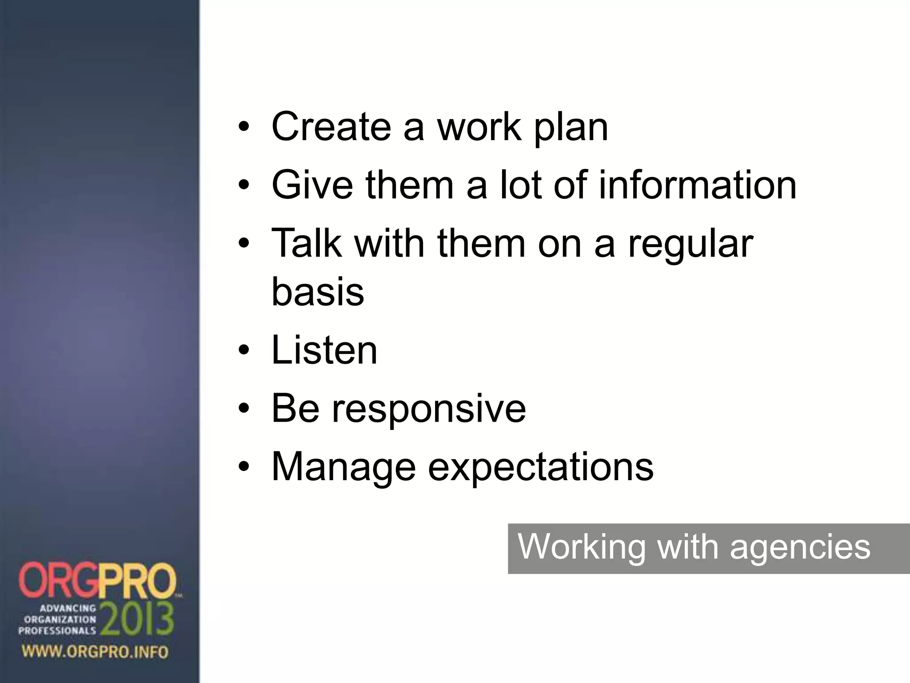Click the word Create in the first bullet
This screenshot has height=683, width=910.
point(331,127)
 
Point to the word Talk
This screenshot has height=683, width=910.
point(307,243)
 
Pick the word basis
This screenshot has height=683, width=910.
point(318,292)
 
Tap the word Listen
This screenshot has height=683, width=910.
point(324,350)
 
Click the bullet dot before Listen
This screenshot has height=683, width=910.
point(244,352)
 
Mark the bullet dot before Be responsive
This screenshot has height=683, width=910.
point(244,410)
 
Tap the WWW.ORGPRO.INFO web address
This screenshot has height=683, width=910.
point(95,652)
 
